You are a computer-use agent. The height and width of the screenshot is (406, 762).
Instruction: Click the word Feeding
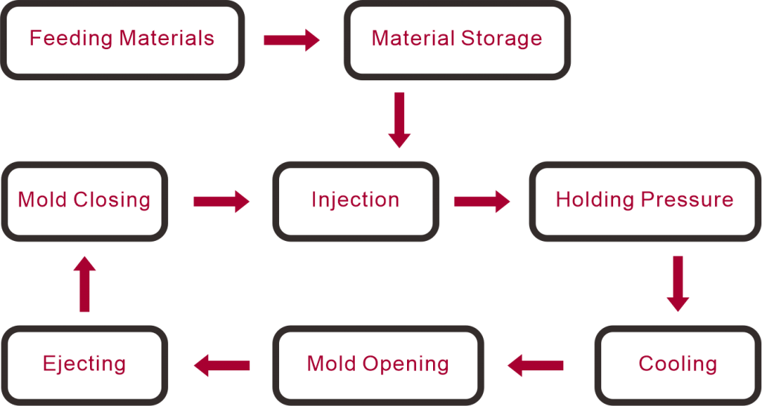click(x=71, y=39)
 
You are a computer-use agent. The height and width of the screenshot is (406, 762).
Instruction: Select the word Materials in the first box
click(x=167, y=38)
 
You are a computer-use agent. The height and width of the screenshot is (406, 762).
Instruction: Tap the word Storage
click(x=502, y=39)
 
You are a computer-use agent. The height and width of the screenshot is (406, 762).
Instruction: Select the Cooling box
click(x=677, y=365)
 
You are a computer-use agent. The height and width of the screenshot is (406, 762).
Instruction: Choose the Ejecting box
click(x=85, y=365)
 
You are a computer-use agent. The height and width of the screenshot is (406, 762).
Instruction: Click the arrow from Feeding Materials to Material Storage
click(x=292, y=40)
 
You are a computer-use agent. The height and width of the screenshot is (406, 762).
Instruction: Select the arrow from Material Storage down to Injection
click(x=400, y=120)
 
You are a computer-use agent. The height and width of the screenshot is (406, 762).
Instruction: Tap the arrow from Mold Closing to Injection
click(x=221, y=202)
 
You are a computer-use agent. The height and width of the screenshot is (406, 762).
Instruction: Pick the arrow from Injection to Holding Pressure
click(x=482, y=202)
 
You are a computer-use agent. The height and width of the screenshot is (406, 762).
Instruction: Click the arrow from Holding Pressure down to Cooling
click(x=678, y=283)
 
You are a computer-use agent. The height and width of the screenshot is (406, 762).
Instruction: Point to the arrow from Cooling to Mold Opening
click(x=536, y=365)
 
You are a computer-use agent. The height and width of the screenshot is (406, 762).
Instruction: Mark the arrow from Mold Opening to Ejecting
click(x=222, y=365)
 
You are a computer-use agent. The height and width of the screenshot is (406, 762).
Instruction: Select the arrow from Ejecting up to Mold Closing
click(x=85, y=284)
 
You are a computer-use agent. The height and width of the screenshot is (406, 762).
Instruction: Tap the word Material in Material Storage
click(x=413, y=38)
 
